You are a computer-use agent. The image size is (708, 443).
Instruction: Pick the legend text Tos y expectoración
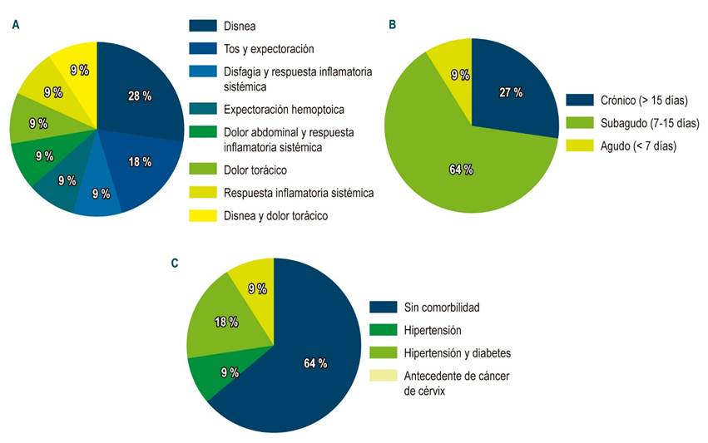click(x=269, y=49)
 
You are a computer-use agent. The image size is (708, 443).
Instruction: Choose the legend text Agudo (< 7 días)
click(x=634, y=145)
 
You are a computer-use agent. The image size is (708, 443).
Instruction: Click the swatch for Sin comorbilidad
click(x=387, y=308)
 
